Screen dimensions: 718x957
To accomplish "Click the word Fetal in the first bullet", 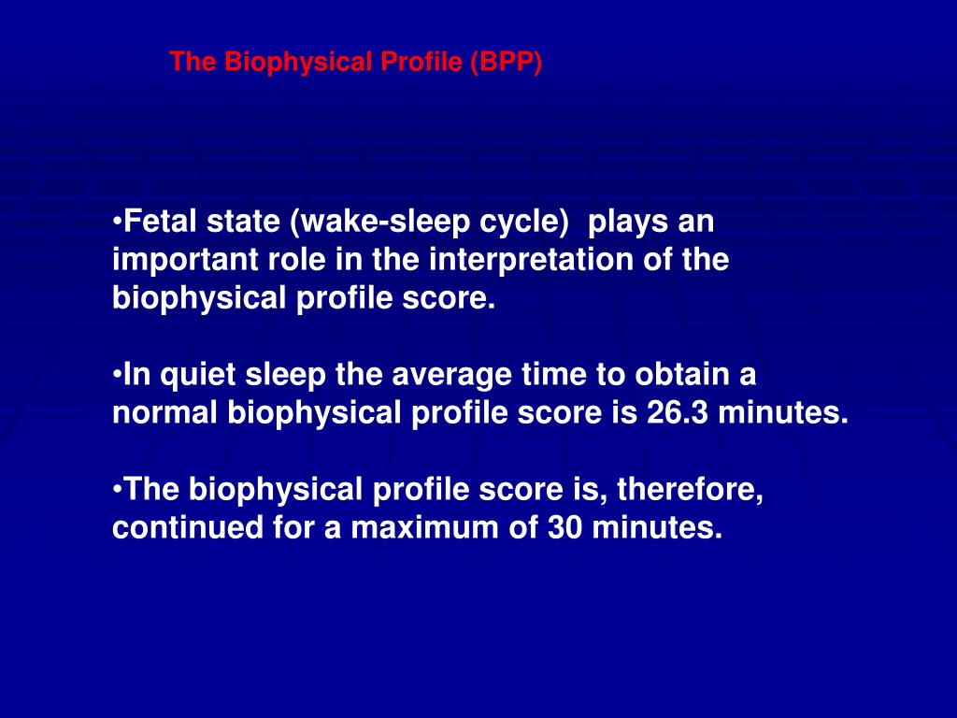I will pyautogui.click(x=159, y=223).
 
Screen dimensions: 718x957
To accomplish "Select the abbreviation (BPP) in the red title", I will pyautogui.click(x=507, y=63).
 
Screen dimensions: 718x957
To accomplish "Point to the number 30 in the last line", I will pyautogui.click(x=570, y=527).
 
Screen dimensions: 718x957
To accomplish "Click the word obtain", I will pyautogui.click(x=684, y=375).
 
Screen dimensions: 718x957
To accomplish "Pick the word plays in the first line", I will pyautogui.click(x=623, y=223).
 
